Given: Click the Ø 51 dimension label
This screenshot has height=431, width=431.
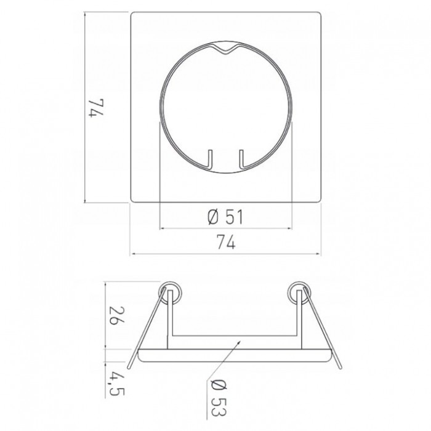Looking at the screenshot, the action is (x=225, y=217).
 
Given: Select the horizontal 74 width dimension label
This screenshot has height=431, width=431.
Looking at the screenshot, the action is (x=226, y=242).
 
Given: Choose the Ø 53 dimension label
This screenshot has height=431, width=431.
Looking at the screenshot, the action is (x=219, y=398).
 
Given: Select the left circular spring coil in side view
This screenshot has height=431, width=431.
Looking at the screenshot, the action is (x=170, y=292).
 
